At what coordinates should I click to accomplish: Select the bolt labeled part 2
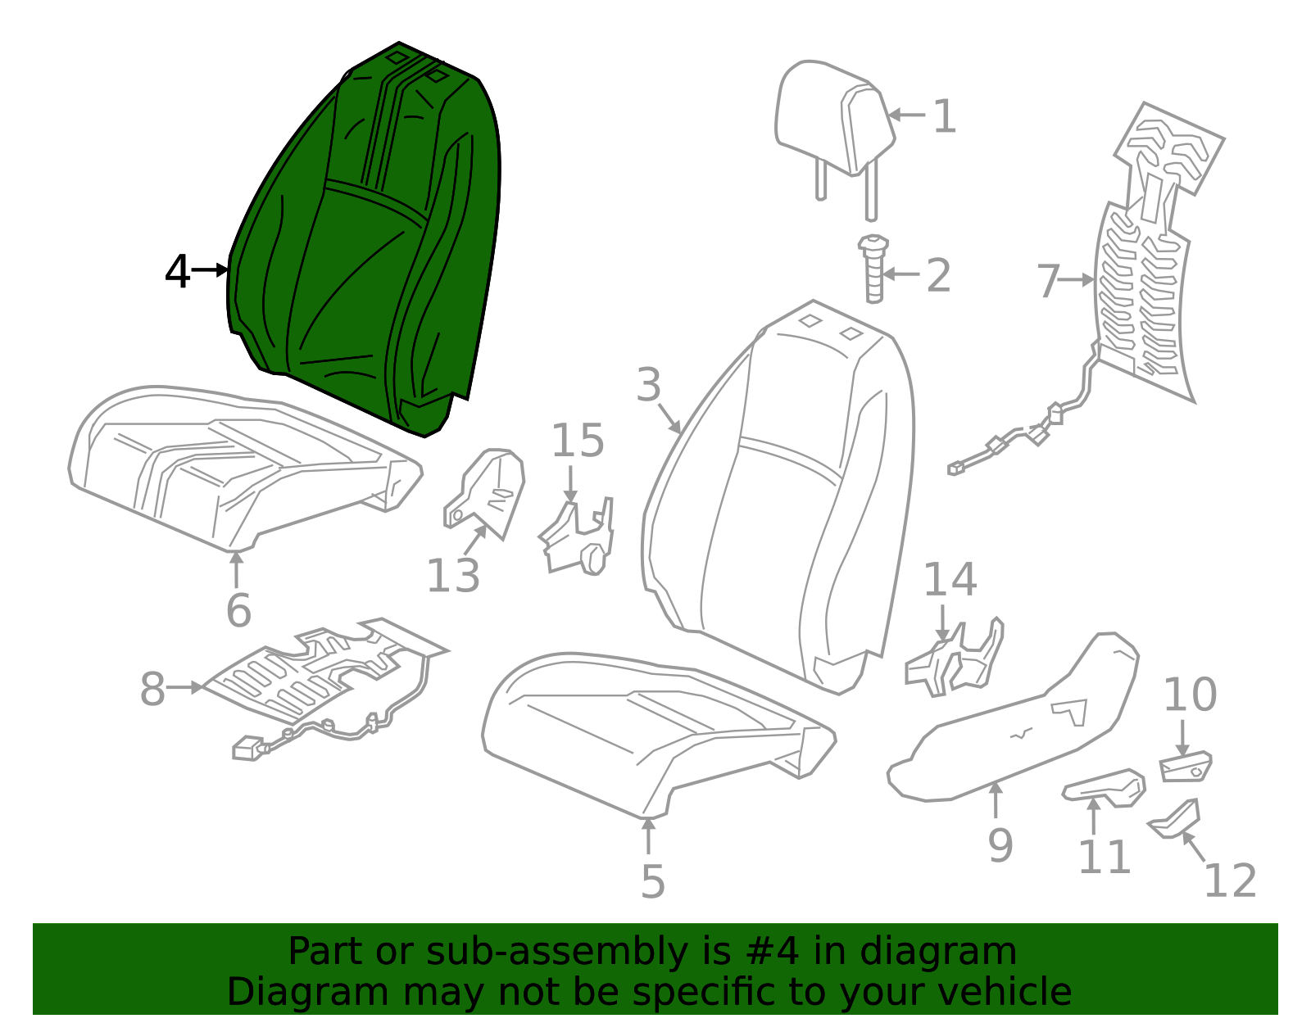(873, 270)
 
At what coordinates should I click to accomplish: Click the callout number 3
(648, 385)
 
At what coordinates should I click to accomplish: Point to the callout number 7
(1049, 281)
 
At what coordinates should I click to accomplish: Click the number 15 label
(578, 441)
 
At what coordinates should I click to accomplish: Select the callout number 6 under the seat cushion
(238, 610)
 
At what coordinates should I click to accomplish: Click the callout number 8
(152, 689)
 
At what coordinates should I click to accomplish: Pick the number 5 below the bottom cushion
(652, 881)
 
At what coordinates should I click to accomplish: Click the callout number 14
(950, 580)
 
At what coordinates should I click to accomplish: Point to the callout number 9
(1000, 845)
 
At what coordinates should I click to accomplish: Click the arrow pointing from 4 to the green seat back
(211, 269)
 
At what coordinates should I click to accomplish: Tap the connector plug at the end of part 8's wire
(247, 749)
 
